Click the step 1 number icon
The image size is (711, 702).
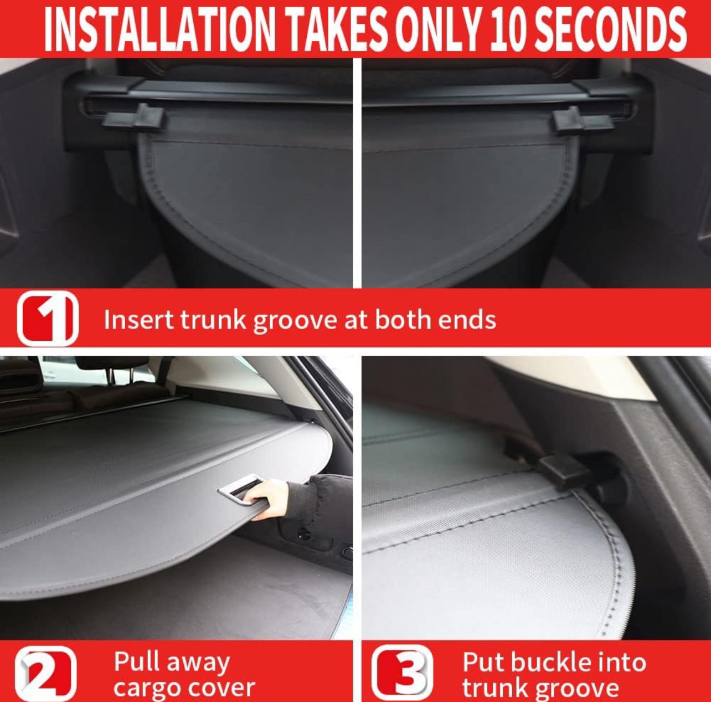(x=48, y=318)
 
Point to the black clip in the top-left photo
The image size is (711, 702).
(x=135, y=117)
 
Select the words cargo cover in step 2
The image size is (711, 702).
(x=184, y=688)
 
